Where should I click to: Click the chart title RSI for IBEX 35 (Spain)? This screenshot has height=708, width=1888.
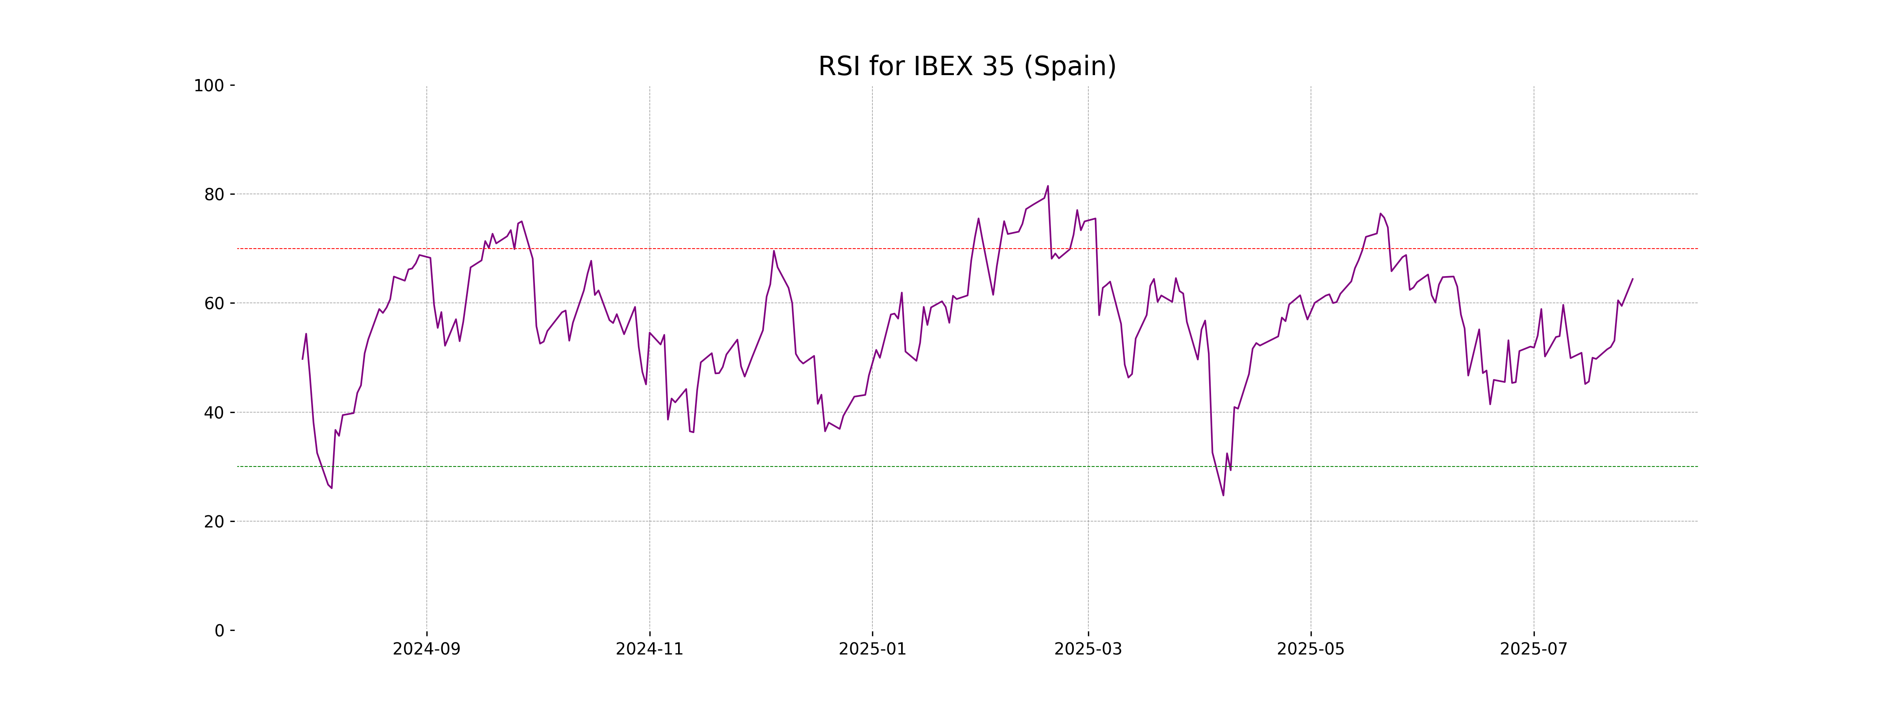tap(967, 67)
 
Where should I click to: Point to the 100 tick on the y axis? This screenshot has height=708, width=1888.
tap(209, 86)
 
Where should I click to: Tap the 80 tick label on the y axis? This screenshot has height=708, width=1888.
tap(214, 195)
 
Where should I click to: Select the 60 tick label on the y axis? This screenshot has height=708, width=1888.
tap(214, 303)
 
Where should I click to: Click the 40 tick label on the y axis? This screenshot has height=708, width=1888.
tap(214, 413)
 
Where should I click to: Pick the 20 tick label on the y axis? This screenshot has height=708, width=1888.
tap(214, 522)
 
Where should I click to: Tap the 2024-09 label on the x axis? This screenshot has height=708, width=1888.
tap(426, 649)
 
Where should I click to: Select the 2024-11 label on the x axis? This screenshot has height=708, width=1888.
tap(649, 649)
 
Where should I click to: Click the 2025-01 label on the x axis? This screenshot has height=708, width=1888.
tap(872, 649)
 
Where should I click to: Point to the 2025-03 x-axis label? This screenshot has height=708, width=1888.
tap(1088, 649)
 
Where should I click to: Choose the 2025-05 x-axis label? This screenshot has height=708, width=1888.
tap(1311, 649)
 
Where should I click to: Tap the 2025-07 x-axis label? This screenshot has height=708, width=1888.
tap(1533, 649)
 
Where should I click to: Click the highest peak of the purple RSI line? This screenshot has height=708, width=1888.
tap(1047, 186)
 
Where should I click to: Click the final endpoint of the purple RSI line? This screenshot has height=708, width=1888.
tap(1632, 278)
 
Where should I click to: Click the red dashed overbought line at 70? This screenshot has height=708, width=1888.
tap(733, 249)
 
